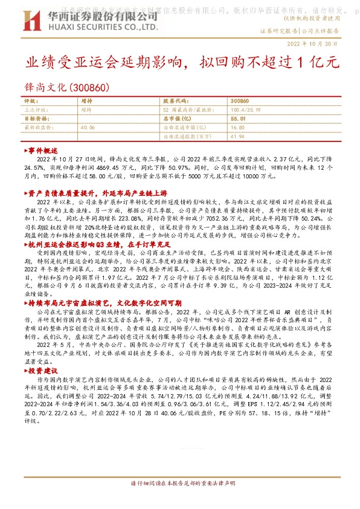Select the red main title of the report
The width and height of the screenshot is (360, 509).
175,63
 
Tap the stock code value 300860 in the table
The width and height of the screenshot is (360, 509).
240,101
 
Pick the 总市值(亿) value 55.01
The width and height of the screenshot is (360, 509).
237,119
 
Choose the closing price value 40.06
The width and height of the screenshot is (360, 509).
88,128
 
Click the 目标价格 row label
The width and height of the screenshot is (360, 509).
37,119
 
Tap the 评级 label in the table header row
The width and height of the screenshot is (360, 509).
30,101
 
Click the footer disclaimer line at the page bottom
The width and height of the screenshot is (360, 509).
179,484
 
